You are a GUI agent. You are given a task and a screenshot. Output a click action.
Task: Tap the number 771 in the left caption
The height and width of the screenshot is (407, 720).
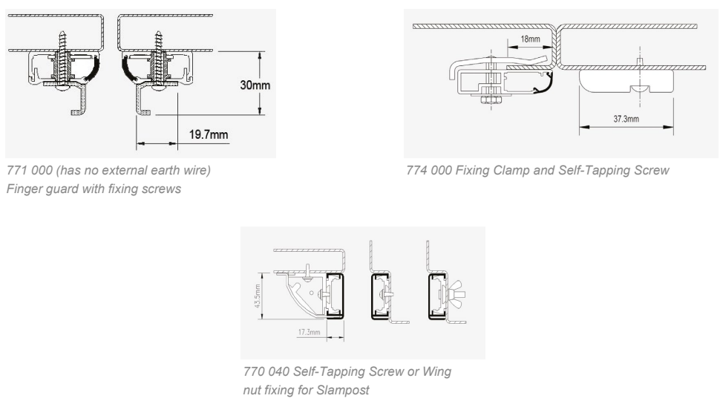[15, 171]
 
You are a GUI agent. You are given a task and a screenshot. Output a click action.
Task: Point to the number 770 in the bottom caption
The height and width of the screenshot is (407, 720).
[253, 371]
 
